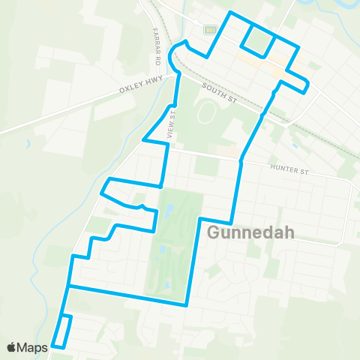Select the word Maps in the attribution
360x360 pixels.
coord(34,347)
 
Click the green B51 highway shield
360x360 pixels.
coord(210,29)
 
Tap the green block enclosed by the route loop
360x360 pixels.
coord(257,40)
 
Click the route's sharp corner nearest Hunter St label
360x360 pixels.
coord(241,160)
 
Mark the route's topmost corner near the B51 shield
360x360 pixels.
coord(230,13)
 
